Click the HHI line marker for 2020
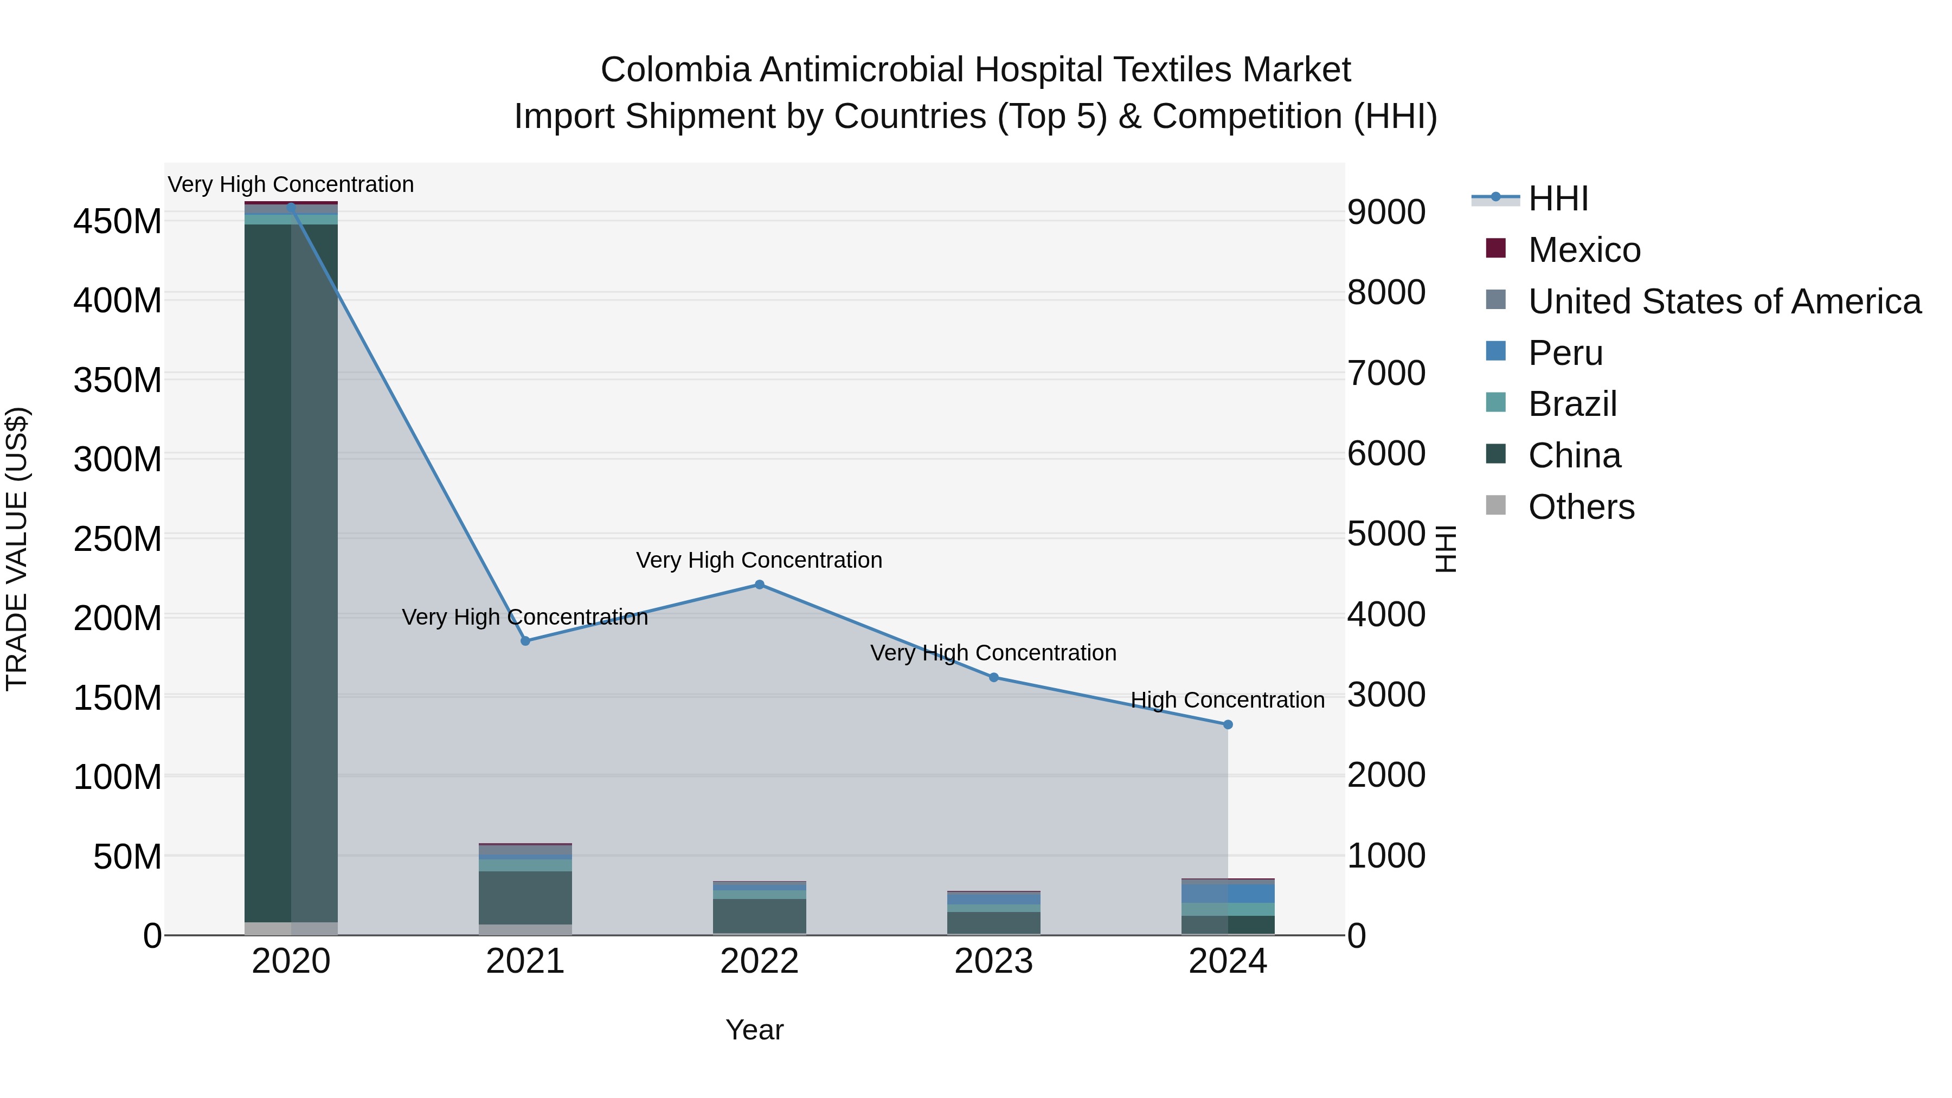pos(291,207)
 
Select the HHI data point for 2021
pos(525,641)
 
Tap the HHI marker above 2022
pos(759,584)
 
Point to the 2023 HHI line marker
pos(993,677)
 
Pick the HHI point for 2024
pos(1228,724)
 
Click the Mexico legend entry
pos(1584,250)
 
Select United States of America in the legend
pos(1724,301)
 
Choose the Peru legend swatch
pos(1496,351)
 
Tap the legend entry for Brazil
pos(1572,404)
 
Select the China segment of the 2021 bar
pos(525,897)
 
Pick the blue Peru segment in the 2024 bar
pos(1250,894)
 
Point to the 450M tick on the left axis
pos(118,222)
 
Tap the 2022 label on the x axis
pos(759,961)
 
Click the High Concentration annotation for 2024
pos(1228,700)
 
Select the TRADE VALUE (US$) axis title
pos(17,549)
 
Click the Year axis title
pos(754,1030)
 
